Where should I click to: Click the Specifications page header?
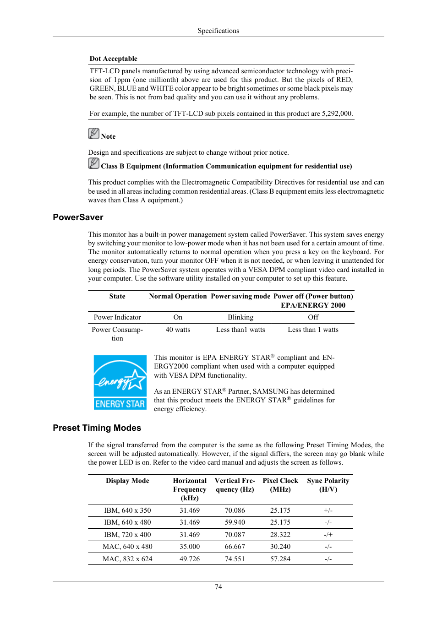[x=218, y=31]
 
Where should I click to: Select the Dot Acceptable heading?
[x=113, y=59]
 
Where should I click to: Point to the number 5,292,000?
[x=337, y=114]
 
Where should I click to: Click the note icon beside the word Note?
[x=93, y=134]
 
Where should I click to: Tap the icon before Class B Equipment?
[x=93, y=163]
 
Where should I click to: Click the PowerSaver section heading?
[x=78, y=217]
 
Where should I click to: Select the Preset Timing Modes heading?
[x=97, y=428]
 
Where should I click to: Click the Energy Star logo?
[x=120, y=382]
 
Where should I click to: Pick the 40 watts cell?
[x=178, y=330]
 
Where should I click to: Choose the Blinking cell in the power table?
[x=240, y=317]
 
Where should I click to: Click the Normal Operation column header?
[x=178, y=296]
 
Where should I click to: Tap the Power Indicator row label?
[x=117, y=317]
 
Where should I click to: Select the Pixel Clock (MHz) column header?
[x=280, y=485]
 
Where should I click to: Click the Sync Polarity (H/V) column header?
[x=328, y=485]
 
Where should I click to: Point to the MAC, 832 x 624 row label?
[x=127, y=559]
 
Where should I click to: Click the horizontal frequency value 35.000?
[x=190, y=547]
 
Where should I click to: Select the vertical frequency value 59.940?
[x=235, y=522]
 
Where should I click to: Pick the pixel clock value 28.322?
[x=280, y=535]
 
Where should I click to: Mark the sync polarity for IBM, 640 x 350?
[x=328, y=510]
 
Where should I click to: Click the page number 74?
[x=218, y=587]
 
